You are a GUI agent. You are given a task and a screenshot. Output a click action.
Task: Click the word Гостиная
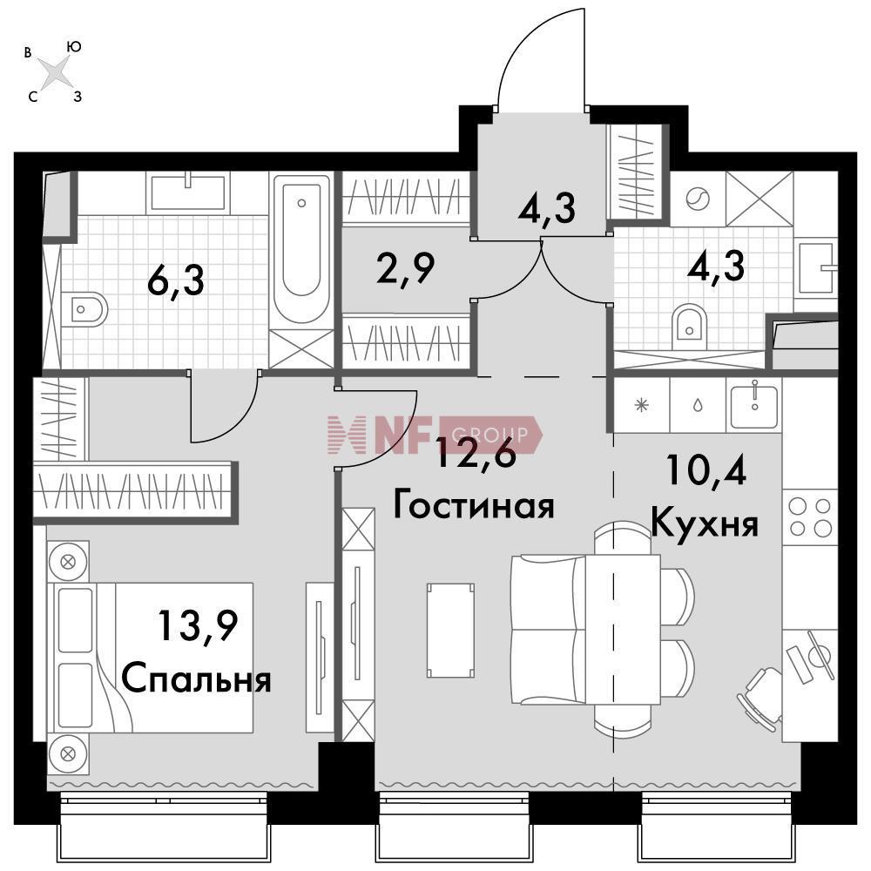coord(474,505)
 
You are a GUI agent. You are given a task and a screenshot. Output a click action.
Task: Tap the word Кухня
coord(705,524)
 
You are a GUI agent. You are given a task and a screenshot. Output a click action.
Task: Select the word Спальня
coord(197,679)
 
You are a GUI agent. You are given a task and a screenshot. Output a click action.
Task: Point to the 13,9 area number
coord(199,626)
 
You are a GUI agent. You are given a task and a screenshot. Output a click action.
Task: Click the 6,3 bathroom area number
coord(176,280)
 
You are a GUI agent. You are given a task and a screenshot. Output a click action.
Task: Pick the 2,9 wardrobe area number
coord(405,268)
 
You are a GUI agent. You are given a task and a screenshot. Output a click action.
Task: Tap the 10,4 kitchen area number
coord(706,470)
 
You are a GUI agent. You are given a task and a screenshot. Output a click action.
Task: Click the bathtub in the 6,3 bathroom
coord(301,249)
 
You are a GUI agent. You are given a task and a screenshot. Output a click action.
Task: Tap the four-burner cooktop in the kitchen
coord(810,517)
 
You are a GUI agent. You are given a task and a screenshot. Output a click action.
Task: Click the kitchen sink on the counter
coord(753,406)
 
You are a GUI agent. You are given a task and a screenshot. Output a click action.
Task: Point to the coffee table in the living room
coord(450,631)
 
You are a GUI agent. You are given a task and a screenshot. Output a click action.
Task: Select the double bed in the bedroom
coord(150,658)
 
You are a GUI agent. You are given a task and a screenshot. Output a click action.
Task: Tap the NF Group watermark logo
coord(435,435)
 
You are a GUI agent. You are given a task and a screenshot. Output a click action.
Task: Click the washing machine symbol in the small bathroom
coord(698,199)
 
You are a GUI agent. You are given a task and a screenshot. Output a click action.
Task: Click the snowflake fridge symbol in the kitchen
coord(642,406)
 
